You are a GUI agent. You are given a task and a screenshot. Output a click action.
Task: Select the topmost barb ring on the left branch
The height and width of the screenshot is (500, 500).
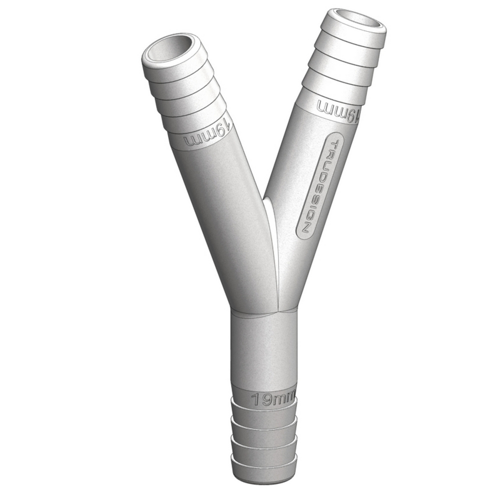175,67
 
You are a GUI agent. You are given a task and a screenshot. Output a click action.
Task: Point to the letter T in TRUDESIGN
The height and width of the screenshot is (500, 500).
335,144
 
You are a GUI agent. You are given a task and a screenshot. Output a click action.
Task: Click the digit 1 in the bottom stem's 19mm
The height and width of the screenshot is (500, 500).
254,399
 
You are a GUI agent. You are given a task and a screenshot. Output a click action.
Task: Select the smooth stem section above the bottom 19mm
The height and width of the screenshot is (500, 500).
264,350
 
